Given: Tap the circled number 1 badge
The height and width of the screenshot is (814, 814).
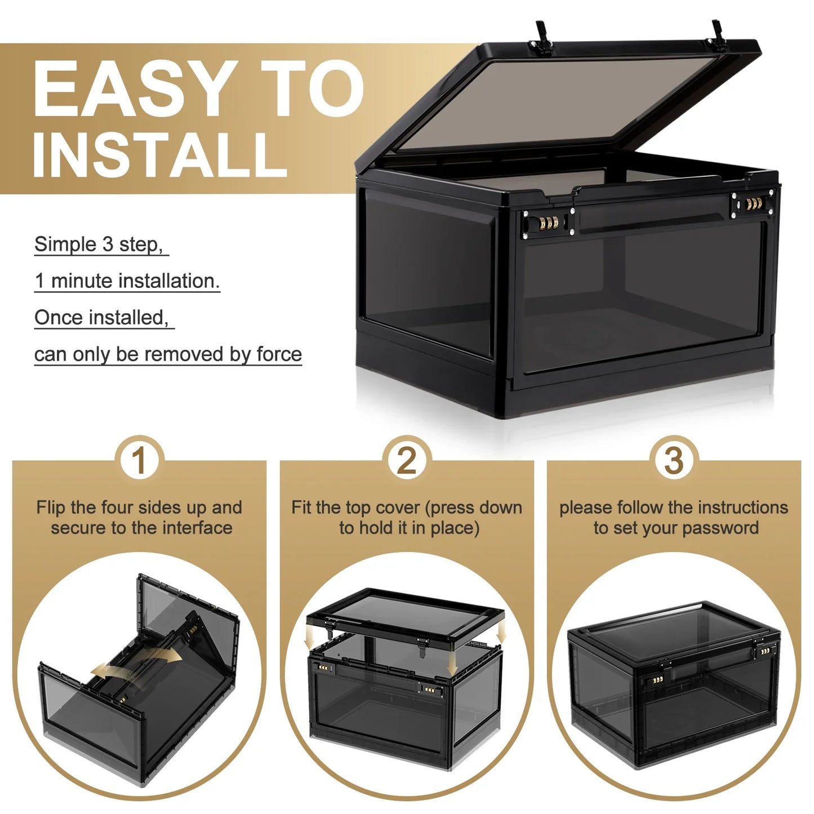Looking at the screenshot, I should point(139,460).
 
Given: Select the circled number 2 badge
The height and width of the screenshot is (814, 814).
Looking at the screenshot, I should point(407,460).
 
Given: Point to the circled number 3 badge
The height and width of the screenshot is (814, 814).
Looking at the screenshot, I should point(674,460).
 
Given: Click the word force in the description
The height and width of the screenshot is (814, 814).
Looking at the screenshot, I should point(279,354).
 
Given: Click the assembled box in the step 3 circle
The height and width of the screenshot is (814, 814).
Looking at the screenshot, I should point(674,676).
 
